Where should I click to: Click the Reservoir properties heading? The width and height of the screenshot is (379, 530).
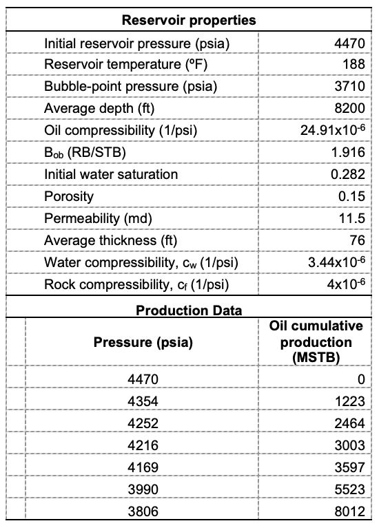pos(189,20)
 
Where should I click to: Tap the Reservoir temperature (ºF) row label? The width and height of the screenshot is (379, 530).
pos(116,65)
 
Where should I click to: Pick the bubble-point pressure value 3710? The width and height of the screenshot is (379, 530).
pos(349,87)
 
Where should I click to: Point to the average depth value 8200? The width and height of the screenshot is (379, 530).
pos(349,109)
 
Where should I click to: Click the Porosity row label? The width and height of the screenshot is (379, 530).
pos(69,196)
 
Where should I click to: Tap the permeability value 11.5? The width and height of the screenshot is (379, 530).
pos(351,218)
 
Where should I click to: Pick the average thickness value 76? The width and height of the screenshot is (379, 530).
pos(356,240)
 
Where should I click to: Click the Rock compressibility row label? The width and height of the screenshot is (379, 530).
pos(136,284)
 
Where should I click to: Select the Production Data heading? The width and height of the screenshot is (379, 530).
pos(189,310)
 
